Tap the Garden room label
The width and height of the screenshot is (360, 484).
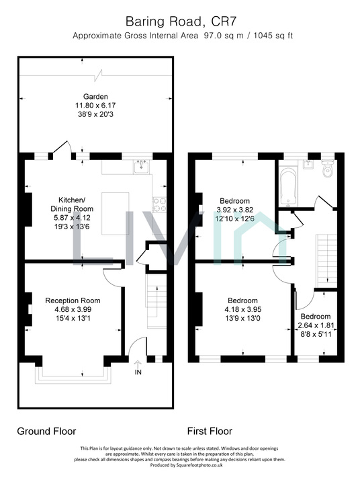pyautogui.click(x=95, y=96)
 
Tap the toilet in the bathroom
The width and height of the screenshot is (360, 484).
pyautogui.click(x=326, y=172)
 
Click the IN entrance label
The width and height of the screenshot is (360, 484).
pyautogui.click(x=138, y=372)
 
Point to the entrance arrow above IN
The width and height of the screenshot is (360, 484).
pyautogui.click(x=138, y=362)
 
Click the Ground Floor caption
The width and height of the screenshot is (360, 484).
pyautogui.click(x=46, y=431)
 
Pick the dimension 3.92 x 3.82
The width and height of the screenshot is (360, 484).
pyautogui.click(x=234, y=210)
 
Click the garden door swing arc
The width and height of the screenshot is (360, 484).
pyautogui.click(x=64, y=147)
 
